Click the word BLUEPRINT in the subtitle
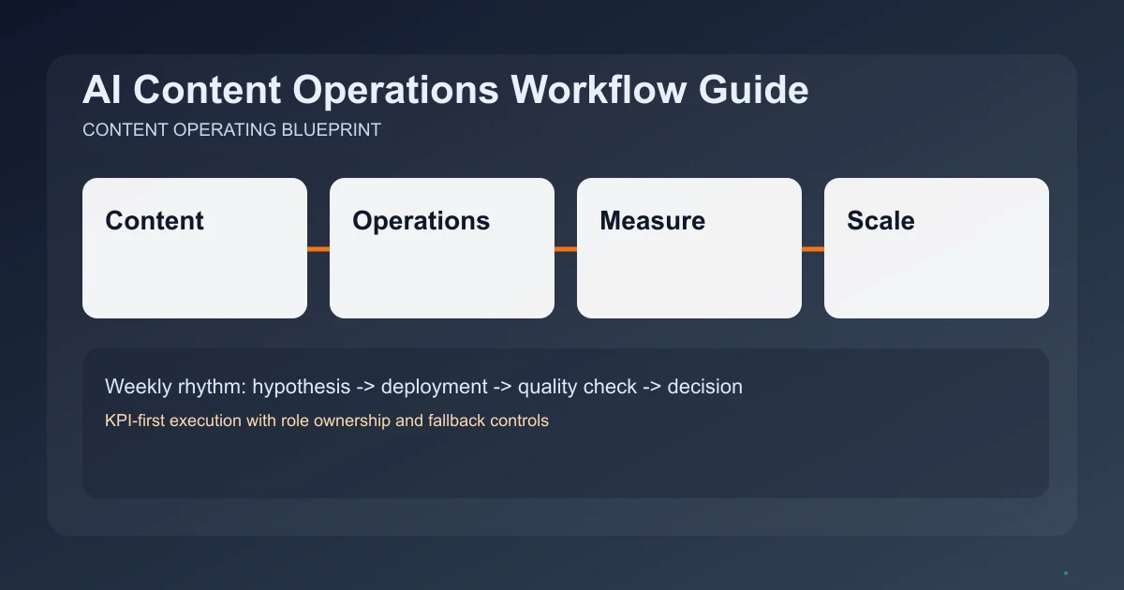point(332,130)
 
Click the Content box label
point(155,221)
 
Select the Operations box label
point(421,221)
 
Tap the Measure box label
point(652,221)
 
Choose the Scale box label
point(880,221)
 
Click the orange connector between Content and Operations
point(318,249)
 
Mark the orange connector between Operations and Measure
point(566,249)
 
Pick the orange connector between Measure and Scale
point(813,249)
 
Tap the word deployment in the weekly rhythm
point(434,386)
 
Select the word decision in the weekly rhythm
point(704,386)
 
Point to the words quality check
point(576,386)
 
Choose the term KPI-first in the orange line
point(137,420)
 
